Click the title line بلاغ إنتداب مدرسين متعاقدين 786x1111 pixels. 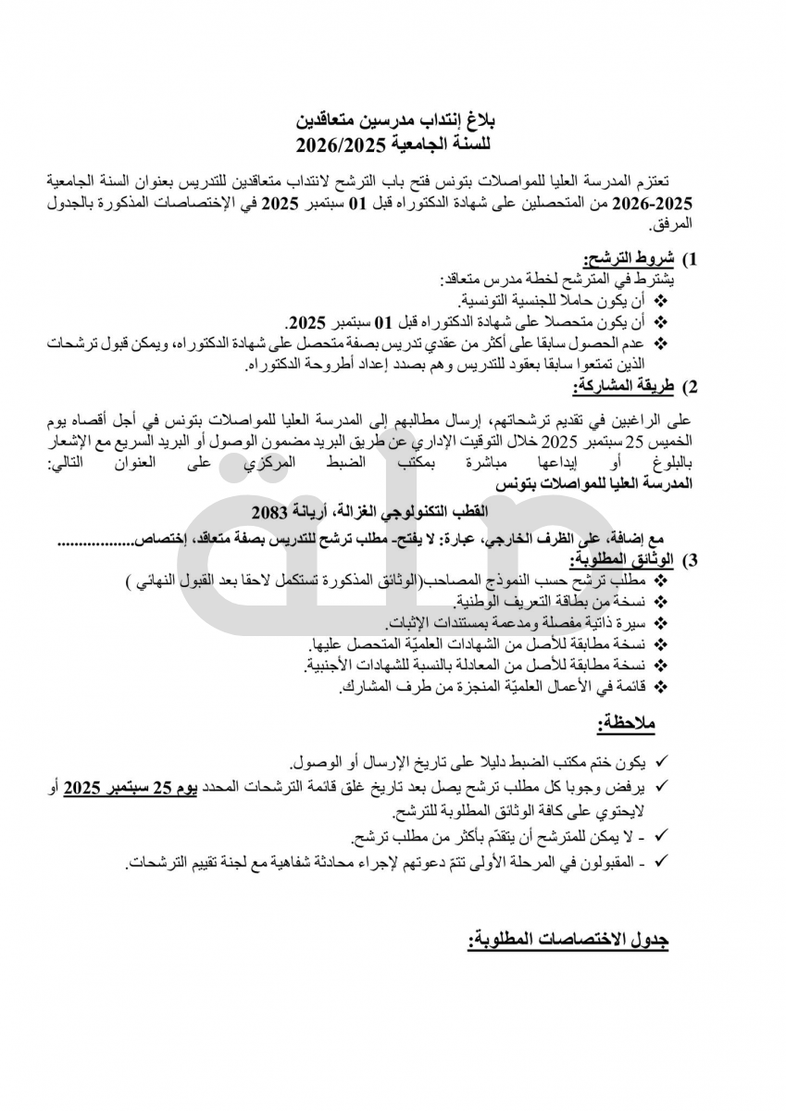click(x=396, y=121)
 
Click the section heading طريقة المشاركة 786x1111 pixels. click(x=618, y=385)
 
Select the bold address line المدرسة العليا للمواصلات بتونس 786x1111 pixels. click(x=593, y=483)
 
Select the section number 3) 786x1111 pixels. click(x=688, y=561)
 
